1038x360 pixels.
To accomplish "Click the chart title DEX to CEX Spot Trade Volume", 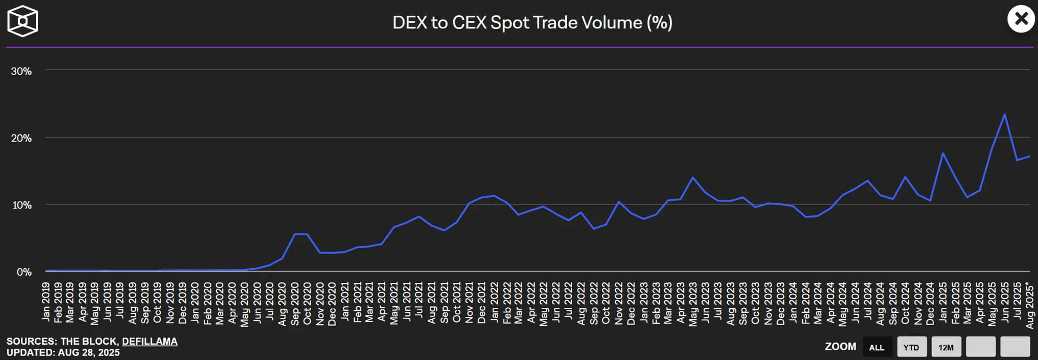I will (532, 23).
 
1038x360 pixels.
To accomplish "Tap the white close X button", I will (1021, 19).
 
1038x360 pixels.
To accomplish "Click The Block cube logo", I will (23, 21).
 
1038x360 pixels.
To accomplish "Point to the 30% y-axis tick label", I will (21, 71).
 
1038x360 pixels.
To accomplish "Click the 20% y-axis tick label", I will (21, 138).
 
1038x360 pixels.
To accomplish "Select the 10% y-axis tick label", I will (21, 205).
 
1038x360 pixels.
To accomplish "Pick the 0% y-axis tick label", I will (24, 272).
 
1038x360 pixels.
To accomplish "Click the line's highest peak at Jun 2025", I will (1005, 114).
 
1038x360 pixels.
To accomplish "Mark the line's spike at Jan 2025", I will (942, 153).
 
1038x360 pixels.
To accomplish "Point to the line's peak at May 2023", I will (693, 177).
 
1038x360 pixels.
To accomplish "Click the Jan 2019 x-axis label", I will (46, 302).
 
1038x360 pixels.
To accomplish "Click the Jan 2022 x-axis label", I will (494, 302).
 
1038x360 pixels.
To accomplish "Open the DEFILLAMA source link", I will (150, 341).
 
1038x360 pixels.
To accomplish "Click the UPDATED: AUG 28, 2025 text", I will (63, 352).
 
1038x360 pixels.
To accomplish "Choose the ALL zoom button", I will (877, 347).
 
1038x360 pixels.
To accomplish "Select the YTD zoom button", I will (911, 347).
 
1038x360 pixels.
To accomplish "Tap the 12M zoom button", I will (946, 347).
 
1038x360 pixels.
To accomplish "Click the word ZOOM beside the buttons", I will (840, 346).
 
